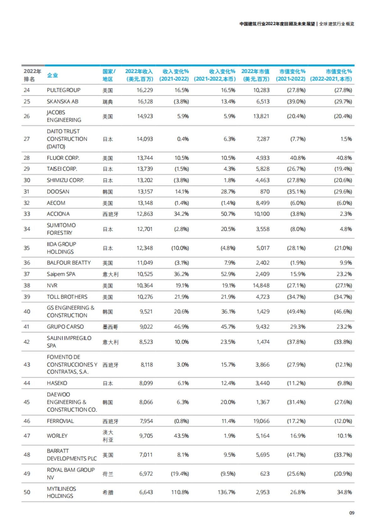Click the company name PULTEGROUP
click(x=64, y=90)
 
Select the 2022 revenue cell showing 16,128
click(x=145, y=102)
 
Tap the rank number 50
click(x=27, y=492)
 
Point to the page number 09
click(x=352, y=513)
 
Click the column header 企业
click(x=52, y=75)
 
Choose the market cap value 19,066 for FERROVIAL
click(x=261, y=421)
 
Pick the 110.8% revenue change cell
click(x=180, y=492)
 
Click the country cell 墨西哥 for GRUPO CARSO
click(x=110, y=327)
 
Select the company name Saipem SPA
click(x=61, y=274)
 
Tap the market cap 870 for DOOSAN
click(x=265, y=191)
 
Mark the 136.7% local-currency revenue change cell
click(x=226, y=492)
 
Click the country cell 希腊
click(x=108, y=493)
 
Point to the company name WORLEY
click(x=57, y=436)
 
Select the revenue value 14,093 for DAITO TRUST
click(x=145, y=139)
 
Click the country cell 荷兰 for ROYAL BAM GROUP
click(x=108, y=474)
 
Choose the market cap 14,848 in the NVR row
click(x=261, y=285)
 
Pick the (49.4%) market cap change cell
click(x=296, y=312)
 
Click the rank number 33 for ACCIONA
click(x=27, y=214)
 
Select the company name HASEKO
click(x=57, y=383)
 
